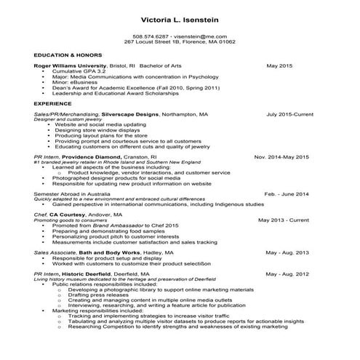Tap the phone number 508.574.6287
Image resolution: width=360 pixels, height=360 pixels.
pyautogui.click(x=150, y=36)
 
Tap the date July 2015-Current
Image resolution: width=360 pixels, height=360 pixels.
pyautogui.click(x=289, y=114)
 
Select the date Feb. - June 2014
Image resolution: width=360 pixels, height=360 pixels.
pyautogui.click(x=287, y=194)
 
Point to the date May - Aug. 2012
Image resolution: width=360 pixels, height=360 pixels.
pyautogui.click(x=287, y=273)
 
